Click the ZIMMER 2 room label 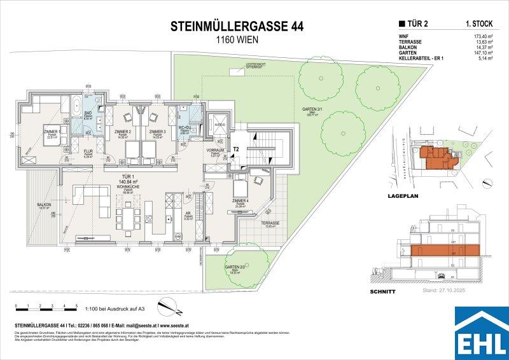[x=122, y=132]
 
